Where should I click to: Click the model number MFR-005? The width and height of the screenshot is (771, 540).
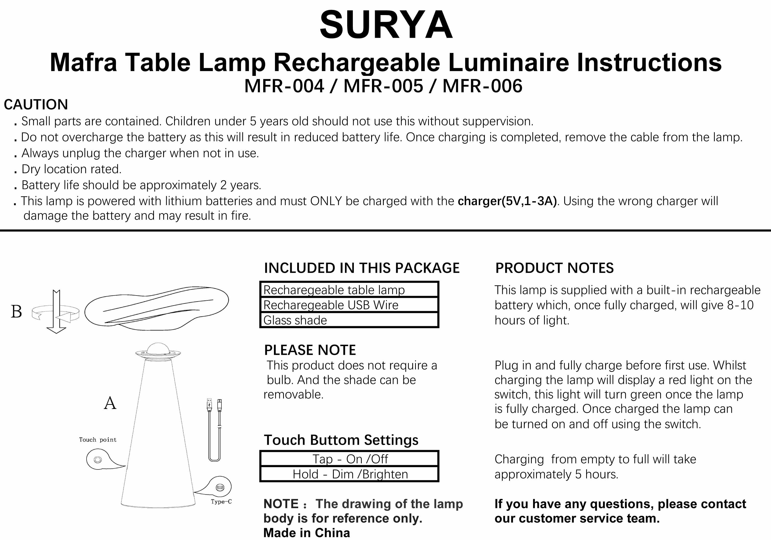point(383,86)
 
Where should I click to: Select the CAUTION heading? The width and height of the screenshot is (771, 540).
point(36,104)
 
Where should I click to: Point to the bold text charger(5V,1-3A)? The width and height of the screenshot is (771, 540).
point(507,201)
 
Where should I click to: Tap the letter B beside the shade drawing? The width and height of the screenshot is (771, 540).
point(16,311)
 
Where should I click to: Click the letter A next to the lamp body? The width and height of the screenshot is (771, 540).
point(110,403)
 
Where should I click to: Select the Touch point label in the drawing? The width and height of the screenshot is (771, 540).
point(98,440)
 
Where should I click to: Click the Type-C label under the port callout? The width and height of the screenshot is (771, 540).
point(221,502)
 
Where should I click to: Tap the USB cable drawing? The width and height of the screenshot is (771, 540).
point(214,430)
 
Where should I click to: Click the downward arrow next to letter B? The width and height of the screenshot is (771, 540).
point(56,312)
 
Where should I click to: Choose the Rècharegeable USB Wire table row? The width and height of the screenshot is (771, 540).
point(349,305)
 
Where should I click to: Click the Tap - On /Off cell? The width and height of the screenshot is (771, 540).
point(349,459)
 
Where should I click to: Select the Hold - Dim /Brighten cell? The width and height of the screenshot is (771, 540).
point(349,474)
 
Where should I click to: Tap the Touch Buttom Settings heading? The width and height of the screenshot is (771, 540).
point(341,440)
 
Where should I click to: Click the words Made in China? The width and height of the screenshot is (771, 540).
point(307,533)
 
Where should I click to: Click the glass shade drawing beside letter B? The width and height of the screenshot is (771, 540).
point(156,308)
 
